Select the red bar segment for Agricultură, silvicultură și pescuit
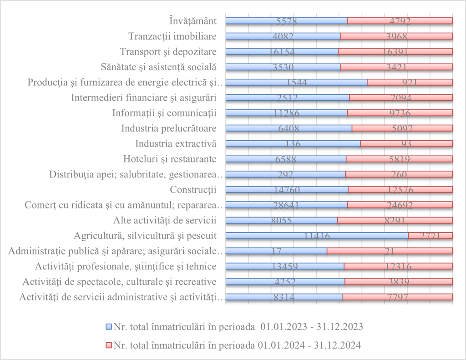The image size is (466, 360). click(430, 235)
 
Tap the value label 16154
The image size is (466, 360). click(282, 52)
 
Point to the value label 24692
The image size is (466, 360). click(400, 205)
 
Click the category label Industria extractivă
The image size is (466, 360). click(175, 144)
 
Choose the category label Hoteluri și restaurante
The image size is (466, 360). click(169, 159)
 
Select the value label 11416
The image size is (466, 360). click(317, 236)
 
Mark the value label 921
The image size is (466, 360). click(410, 82)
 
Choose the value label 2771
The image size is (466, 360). click(431, 236)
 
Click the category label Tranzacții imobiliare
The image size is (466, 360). click(172, 36)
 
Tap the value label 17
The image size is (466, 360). click(276, 251)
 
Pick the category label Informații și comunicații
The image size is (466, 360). click(164, 113)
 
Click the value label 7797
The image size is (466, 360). click(397, 297)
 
